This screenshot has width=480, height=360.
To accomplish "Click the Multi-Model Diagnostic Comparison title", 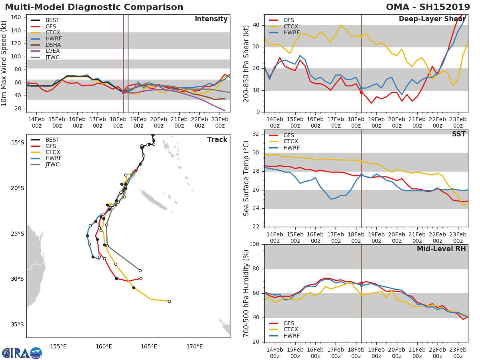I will [94, 7].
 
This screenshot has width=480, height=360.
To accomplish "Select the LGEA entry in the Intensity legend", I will [52, 51].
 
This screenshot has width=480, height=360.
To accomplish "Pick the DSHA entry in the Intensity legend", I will [52, 44].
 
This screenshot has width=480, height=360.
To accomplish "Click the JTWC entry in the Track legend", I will [52, 164].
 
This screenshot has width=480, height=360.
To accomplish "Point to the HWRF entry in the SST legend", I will [291, 148].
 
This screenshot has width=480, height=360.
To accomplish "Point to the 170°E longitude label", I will [194, 346].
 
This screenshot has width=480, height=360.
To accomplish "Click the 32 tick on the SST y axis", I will [257, 134].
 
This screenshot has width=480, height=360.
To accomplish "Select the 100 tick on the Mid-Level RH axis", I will [255, 244].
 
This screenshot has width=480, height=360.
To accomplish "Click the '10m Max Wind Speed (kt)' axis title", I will [4, 63].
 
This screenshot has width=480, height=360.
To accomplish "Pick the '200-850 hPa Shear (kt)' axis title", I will [246, 63].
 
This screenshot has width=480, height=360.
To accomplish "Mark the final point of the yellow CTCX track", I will [169, 301].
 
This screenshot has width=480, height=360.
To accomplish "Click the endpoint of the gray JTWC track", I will [140, 270].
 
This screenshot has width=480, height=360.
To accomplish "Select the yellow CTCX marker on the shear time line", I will [361, 36].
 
